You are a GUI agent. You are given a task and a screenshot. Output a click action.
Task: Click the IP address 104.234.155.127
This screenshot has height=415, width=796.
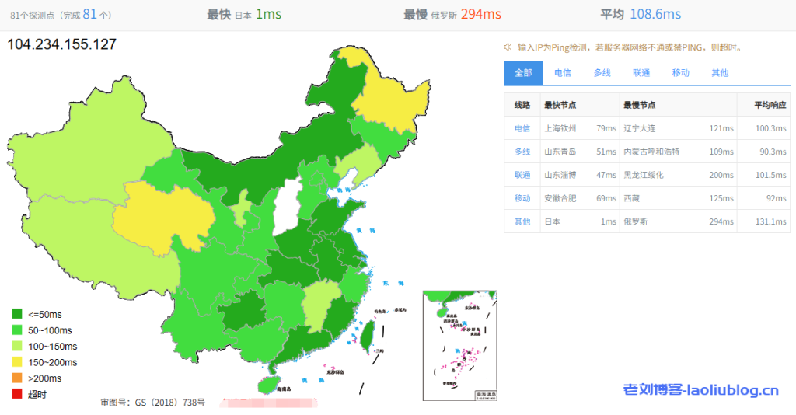tap(62, 44)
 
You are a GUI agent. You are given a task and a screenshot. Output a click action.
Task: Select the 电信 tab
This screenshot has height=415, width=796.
tap(563, 73)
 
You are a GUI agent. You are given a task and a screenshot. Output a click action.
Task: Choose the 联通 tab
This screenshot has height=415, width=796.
tap(641, 73)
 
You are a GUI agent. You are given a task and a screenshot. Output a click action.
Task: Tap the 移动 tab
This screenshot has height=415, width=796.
tap(681, 73)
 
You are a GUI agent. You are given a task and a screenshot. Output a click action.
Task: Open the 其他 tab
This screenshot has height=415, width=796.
tap(720, 73)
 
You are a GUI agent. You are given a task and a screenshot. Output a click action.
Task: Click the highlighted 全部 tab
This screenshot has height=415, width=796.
tap(523, 73)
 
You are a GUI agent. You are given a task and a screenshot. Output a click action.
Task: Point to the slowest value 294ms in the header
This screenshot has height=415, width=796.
tap(480, 14)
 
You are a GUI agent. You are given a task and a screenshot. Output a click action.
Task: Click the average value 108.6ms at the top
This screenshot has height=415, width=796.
tap(655, 14)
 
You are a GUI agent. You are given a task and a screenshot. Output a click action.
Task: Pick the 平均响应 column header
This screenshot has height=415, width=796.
tap(770, 105)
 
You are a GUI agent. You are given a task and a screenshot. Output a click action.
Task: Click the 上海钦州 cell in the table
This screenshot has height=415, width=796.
tap(560, 128)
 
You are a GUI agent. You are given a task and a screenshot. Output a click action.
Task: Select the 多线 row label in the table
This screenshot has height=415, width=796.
tap(522, 152)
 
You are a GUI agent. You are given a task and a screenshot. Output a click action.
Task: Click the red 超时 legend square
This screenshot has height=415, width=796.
tap(16, 394)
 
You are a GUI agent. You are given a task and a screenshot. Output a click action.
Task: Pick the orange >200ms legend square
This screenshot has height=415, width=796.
tap(16, 378)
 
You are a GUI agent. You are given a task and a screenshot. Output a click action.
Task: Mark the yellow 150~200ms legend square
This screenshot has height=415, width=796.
tap(16, 362)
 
